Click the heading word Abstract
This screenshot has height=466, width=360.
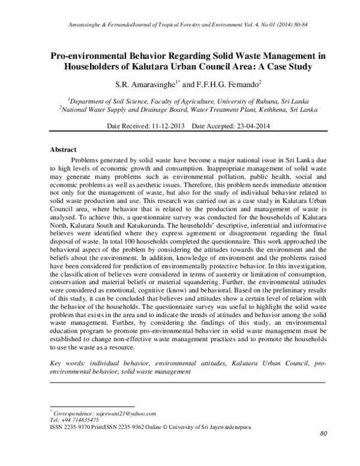[x=63, y=148]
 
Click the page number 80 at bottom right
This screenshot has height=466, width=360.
[x=323, y=434]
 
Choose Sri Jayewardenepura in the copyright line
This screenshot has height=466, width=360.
[x=226, y=427]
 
